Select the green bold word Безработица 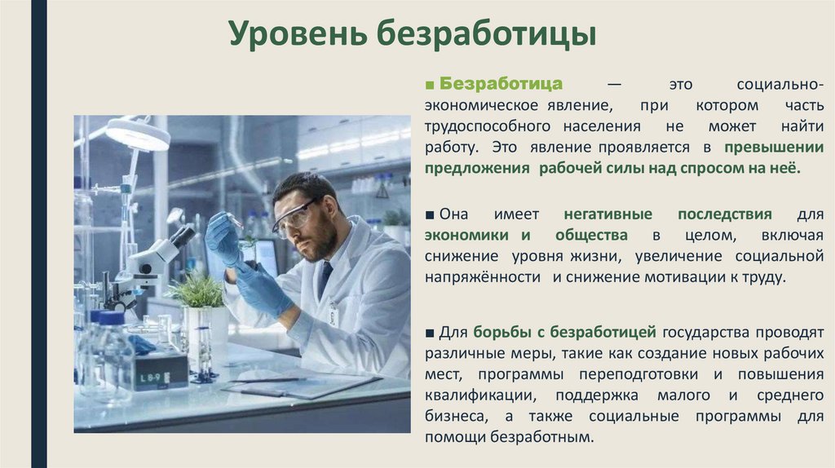(x=501, y=85)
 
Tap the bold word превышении (x=775, y=148)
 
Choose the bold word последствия (x=724, y=214)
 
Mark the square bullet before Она (x=430, y=214)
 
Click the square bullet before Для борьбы (x=430, y=332)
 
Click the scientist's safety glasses (x=293, y=219)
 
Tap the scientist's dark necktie (x=325, y=277)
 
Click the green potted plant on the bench (x=195, y=290)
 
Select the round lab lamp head (x=137, y=135)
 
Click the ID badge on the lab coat (x=333, y=315)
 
